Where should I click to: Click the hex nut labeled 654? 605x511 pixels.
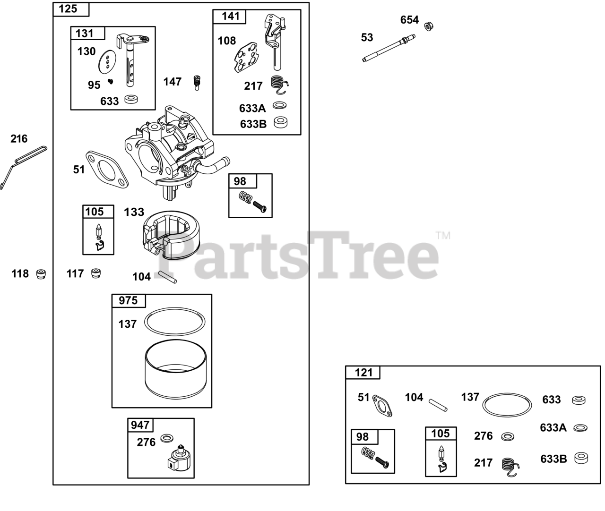pos(429,26)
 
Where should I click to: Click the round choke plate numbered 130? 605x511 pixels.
pos(107,61)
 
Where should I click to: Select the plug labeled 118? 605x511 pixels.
pos(42,274)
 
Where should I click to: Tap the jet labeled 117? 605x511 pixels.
pos(96,273)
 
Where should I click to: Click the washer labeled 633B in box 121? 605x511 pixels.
pos(580,458)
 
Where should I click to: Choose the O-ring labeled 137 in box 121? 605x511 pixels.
pos(507,404)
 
